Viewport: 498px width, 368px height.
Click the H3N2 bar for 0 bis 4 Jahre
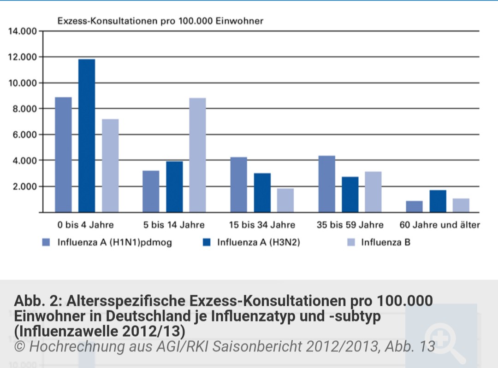[87, 135]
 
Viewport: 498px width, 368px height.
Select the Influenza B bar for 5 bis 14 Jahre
[197, 155]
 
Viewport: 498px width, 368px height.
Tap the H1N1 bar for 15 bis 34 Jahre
[239, 184]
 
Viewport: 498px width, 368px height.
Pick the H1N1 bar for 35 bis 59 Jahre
[326, 184]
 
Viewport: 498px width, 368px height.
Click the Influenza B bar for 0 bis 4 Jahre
[110, 165]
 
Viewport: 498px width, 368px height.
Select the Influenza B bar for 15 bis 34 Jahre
[285, 200]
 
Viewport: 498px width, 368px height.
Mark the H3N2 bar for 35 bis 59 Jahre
[350, 194]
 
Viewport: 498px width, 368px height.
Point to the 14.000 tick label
[23, 31]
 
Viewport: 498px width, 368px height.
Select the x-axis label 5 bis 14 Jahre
[174, 225]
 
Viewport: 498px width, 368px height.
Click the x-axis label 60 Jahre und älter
[439, 225]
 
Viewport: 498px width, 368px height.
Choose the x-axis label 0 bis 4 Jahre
[85, 225]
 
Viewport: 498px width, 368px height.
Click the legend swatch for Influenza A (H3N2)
[207, 242]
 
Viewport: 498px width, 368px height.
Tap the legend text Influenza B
[385, 242]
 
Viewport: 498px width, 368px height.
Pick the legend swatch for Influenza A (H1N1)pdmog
[46, 242]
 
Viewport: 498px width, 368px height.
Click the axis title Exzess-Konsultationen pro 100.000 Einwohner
[160, 21]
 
